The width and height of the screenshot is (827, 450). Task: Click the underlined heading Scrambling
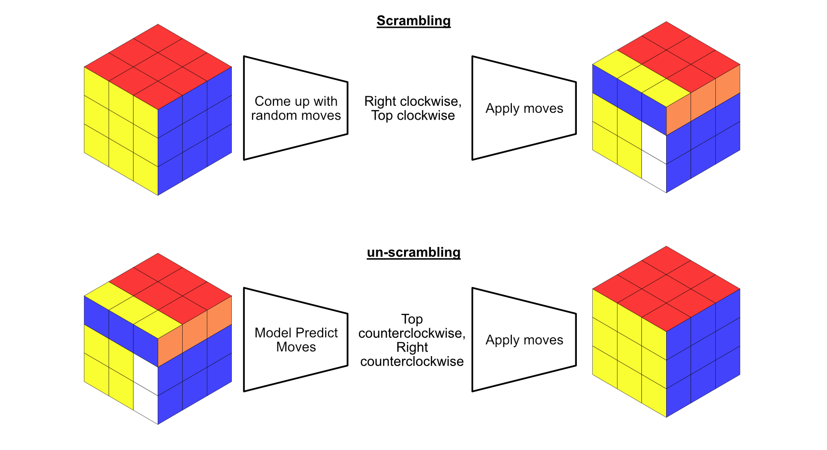413,21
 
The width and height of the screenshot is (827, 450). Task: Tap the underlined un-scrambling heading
413,252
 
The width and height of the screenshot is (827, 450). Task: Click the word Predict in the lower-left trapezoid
317,333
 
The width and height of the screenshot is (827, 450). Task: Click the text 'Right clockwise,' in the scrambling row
413,101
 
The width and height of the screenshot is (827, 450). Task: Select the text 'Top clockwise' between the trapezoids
413,115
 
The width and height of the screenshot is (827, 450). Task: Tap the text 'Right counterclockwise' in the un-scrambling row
412,354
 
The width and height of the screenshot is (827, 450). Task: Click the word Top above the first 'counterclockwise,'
412,319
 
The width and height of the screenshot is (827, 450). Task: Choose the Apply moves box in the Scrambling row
524,108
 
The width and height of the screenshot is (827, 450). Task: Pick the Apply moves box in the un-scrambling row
524,340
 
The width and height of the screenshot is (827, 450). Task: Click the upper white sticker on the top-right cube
654,142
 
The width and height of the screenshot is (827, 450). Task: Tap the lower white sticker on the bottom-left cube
145,403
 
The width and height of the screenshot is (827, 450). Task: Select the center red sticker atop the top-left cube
158,67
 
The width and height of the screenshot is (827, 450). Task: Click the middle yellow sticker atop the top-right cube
642,78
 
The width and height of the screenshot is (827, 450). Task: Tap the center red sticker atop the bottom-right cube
666,289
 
